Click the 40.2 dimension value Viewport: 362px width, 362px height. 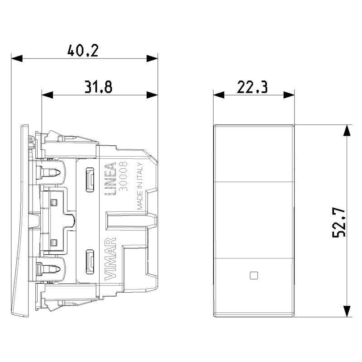tap(83, 51)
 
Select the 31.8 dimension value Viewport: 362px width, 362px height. tap(98, 87)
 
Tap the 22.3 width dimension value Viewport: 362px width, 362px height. tap(252, 87)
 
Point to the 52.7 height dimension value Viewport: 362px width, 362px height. tap(339, 222)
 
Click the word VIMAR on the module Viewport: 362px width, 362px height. tap(110, 258)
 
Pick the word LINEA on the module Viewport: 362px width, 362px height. tap(110, 179)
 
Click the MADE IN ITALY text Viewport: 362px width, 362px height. tap(140, 186)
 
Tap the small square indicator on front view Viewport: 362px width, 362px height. tap(254, 276)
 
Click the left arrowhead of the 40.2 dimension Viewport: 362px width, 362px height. tap(17, 58)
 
